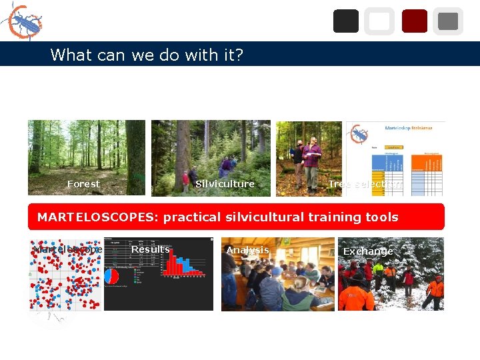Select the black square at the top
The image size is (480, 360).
click(345, 21)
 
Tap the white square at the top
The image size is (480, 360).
click(379, 21)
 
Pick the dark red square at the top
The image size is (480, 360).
click(414, 21)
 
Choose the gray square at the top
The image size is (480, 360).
click(448, 21)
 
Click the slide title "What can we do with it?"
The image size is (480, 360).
click(147, 55)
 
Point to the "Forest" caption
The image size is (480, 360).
click(83, 184)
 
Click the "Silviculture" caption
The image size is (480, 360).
click(225, 184)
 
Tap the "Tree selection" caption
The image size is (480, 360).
click(365, 184)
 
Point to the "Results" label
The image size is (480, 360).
click(150, 249)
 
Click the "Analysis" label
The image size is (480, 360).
click(247, 251)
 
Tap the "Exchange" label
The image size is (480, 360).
click(368, 251)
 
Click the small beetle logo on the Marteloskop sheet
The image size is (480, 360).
click(359, 135)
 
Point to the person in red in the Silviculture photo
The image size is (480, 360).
click(185, 180)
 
